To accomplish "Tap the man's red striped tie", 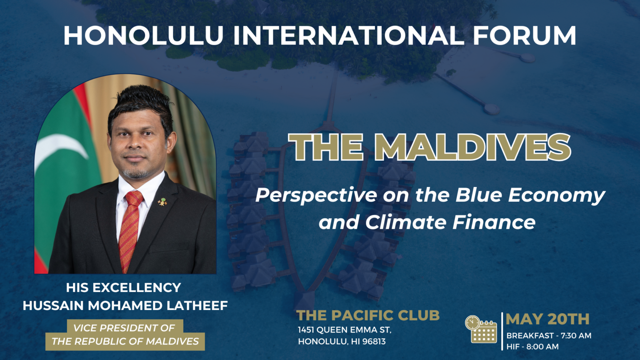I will pos(130,229).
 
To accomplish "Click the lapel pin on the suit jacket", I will pos(162,202).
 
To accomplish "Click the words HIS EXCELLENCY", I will pos(123,287).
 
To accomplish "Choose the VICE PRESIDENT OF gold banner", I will pos(124,328).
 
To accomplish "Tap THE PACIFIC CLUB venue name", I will pos(368,315).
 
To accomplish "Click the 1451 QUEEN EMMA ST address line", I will pos(344,330).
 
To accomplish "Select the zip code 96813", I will pos(373,342).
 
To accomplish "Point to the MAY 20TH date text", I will pos(547,319).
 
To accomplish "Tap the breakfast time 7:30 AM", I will pos(576,335).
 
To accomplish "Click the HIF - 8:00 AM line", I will pos(532,347).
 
